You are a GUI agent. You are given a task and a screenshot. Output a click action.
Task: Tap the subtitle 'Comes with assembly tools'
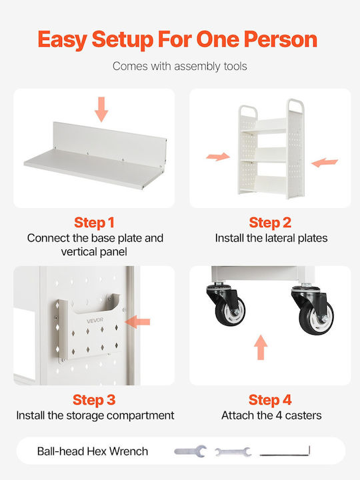(x=180, y=67)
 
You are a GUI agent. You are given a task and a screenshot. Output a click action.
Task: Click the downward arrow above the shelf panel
(x=101, y=109)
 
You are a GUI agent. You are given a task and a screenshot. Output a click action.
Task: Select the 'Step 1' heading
(x=94, y=223)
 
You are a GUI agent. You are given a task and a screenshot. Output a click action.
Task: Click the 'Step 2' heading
(x=270, y=223)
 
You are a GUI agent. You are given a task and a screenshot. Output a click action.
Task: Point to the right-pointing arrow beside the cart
(x=218, y=157)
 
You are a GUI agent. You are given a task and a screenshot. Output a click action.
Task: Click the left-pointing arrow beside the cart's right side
(x=325, y=163)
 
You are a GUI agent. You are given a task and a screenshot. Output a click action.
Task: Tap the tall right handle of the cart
(x=295, y=105)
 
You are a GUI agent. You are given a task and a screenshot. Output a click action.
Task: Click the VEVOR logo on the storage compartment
(x=95, y=321)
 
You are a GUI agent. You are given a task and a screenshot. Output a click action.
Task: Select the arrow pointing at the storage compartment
(x=137, y=322)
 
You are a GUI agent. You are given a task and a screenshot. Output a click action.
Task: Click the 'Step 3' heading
(x=94, y=400)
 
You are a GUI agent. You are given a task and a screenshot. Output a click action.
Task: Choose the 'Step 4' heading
(x=270, y=400)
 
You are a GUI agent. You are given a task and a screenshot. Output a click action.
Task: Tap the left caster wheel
(x=230, y=311)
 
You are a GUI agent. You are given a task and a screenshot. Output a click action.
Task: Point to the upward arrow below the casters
(x=261, y=347)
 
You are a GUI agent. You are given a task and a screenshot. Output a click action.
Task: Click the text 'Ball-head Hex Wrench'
(x=93, y=451)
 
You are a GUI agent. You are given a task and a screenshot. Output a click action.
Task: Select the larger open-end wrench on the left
(x=191, y=451)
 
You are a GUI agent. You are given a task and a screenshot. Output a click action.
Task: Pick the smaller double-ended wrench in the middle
(x=233, y=452)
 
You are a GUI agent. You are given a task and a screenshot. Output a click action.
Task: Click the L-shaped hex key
(x=285, y=454)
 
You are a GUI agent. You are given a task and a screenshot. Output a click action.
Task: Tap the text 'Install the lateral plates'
(x=271, y=238)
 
